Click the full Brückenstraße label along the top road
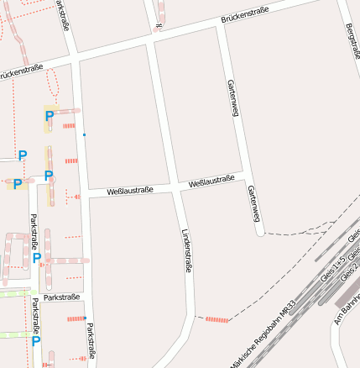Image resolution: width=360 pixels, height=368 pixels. [245, 14]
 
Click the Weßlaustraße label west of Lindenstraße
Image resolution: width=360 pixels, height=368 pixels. [129, 192]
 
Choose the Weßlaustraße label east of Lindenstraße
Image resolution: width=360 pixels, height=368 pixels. [211, 181]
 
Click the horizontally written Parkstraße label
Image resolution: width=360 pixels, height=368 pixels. [62, 297]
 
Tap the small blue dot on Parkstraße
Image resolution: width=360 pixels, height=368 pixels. [84, 134]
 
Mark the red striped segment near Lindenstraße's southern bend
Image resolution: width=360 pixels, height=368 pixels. [217, 319]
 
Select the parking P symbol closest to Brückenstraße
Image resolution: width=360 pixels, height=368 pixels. [50, 116]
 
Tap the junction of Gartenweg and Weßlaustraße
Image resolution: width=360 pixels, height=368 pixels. [243, 175]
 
